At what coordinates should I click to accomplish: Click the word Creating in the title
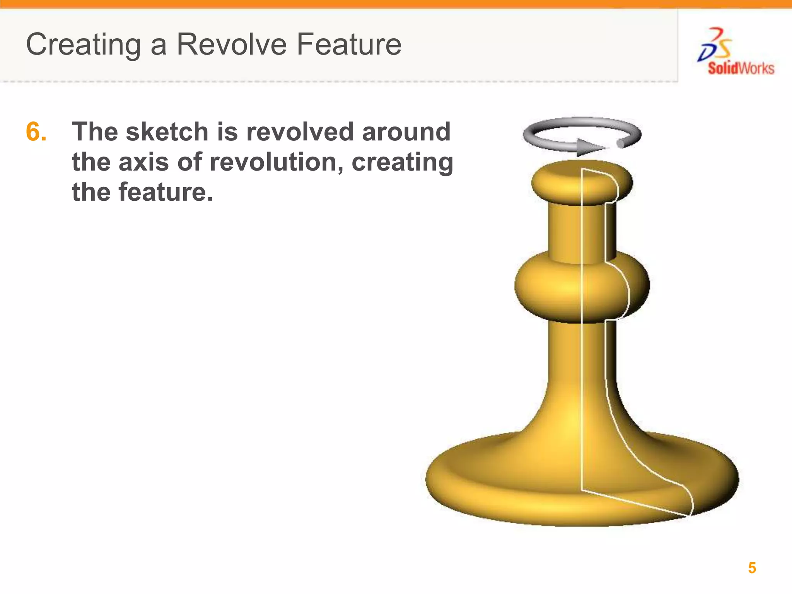pyautogui.click(x=84, y=45)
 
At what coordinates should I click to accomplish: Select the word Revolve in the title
pyautogui.click(x=232, y=45)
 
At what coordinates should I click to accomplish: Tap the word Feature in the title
pyautogui.click(x=349, y=45)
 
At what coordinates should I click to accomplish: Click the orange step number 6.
pyautogui.click(x=36, y=132)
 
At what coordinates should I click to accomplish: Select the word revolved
pyautogui.click(x=300, y=132)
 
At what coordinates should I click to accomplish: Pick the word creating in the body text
pyautogui.click(x=402, y=162)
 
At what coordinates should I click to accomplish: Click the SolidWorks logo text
pyautogui.click(x=741, y=68)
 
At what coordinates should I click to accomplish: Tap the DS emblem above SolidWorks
pyautogui.click(x=715, y=45)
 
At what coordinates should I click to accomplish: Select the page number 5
pyautogui.click(x=752, y=568)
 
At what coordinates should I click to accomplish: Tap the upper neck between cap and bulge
pyautogui.click(x=565, y=232)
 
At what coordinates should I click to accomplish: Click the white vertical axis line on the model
pyautogui.click(x=582, y=348)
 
